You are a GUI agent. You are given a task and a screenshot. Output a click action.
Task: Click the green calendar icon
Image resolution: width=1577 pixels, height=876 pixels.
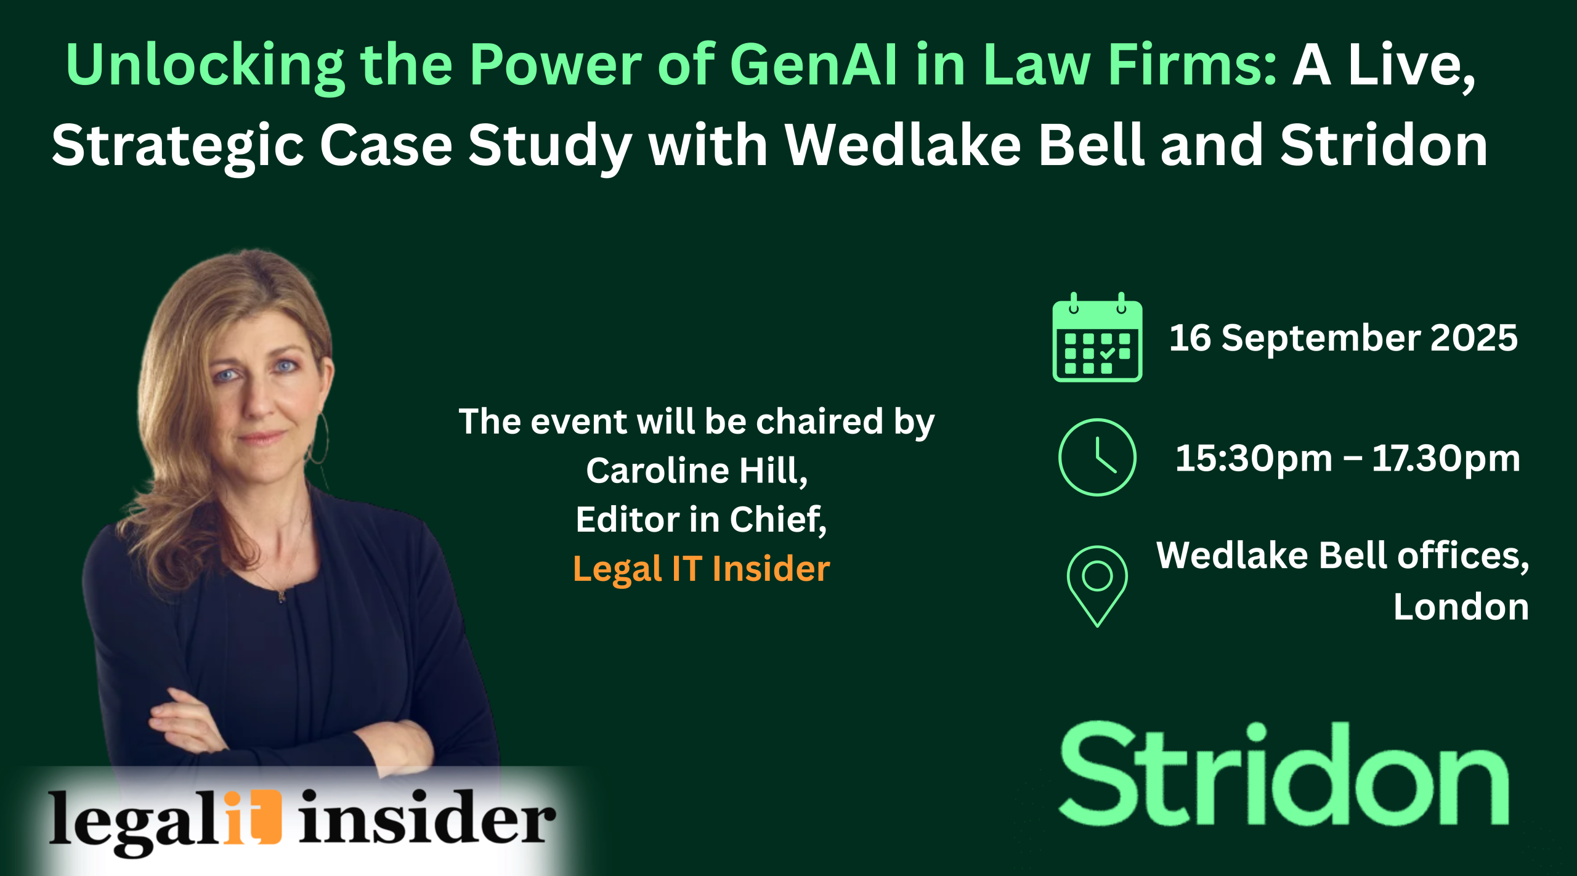[1097, 337]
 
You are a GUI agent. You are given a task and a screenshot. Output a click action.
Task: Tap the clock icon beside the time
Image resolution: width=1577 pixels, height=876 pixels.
[1097, 457]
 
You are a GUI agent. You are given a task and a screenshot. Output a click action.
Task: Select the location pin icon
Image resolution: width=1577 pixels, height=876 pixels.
[1097, 586]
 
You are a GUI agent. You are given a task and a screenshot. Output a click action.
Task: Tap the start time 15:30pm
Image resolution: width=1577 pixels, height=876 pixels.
[1254, 459]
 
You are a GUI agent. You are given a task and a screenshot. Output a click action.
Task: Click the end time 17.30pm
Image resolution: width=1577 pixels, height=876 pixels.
[1446, 459]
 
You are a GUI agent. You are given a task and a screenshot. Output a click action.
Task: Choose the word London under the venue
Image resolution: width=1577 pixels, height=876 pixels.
[1461, 607]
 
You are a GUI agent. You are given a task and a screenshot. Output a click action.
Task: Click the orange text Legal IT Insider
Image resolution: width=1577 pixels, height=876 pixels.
[702, 569]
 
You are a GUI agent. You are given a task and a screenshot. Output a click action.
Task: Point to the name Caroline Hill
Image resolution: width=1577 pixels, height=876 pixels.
[697, 471]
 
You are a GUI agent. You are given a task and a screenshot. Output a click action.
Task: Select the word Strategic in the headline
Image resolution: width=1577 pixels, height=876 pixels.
[179, 147]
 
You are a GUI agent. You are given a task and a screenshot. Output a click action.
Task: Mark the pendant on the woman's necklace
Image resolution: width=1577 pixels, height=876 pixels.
[281, 595]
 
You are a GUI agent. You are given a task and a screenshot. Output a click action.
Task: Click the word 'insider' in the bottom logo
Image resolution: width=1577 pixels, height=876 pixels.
[428, 817]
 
